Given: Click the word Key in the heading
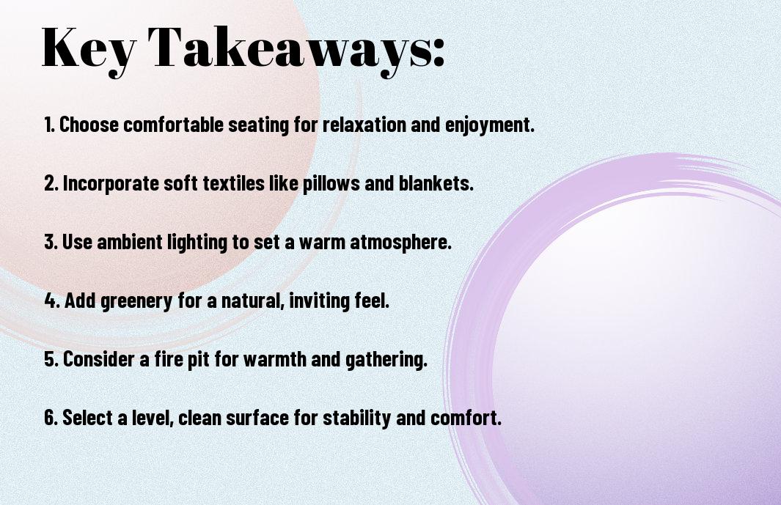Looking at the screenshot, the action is [89, 51].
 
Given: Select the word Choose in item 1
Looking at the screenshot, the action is [89, 125].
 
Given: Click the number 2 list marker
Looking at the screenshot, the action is [52, 183].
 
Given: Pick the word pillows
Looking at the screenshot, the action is [331, 184].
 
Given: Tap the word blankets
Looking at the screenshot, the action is [436, 183].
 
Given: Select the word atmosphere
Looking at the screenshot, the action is [400, 243].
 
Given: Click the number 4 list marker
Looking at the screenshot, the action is [52, 301].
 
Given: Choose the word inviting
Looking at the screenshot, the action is [319, 301].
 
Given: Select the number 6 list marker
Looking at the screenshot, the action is [52, 418].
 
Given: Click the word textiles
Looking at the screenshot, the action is [234, 183].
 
